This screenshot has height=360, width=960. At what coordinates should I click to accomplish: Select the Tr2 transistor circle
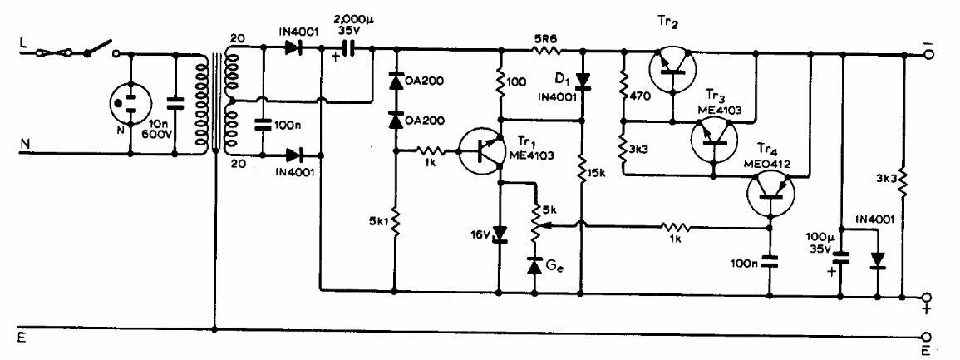[673, 68]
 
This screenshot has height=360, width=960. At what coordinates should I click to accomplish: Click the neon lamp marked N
[130, 104]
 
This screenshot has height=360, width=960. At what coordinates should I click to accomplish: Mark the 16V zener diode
[500, 234]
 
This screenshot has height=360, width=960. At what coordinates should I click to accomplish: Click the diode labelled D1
[582, 81]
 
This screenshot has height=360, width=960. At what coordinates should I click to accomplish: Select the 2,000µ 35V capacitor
[348, 49]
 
